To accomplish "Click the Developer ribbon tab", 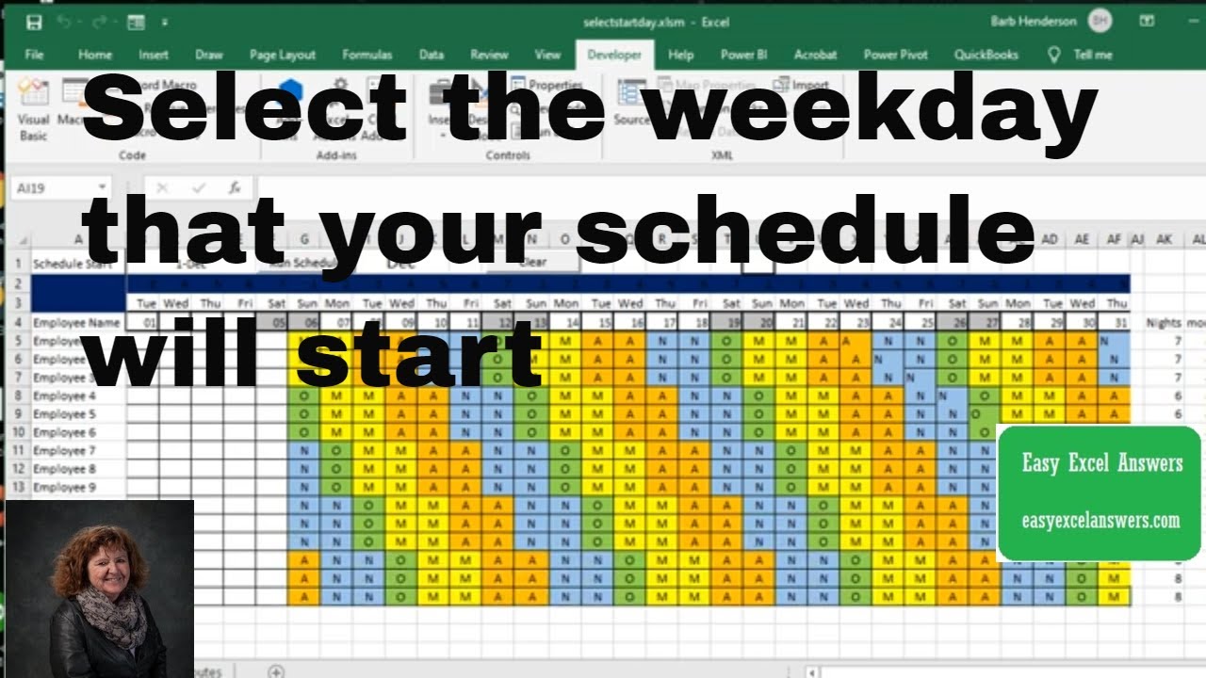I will (614, 55).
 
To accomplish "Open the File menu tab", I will (34, 55).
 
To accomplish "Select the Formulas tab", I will (367, 55).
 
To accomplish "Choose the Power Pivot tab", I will (895, 55).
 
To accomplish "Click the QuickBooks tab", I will (986, 55).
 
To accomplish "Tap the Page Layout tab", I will (283, 55).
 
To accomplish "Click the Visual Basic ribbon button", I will (34, 112).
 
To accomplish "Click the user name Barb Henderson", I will (1034, 21).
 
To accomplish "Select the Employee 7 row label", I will (64, 450).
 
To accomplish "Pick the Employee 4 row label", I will (64, 395).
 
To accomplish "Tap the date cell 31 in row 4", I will (1116, 323).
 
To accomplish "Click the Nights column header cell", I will (1164, 323).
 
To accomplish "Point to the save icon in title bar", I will (34, 22).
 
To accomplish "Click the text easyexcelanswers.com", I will (1100, 520).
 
